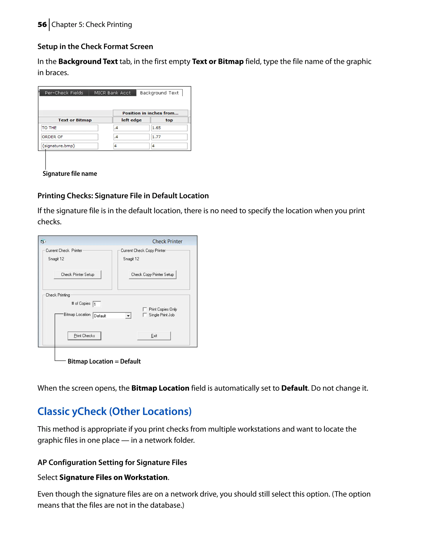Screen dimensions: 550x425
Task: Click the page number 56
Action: [x=42, y=24]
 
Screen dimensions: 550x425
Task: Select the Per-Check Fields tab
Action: [x=64, y=93]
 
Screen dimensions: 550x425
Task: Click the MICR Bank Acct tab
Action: [x=112, y=93]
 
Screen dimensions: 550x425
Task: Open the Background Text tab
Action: [x=159, y=93]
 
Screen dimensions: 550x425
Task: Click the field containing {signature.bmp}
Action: [x=70, y=146]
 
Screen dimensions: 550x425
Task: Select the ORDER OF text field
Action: [x=70, y=137]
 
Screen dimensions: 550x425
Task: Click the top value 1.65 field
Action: [x=169, y=128]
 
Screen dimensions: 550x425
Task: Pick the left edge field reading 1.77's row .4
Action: [x=131, y=137]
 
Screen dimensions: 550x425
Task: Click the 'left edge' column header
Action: [x=131, y=120]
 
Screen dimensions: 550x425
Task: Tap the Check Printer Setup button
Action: [x=78, y=275]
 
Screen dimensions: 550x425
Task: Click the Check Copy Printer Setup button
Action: [x=152, y=275]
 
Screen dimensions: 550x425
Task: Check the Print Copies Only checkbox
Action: [x=145, y=309]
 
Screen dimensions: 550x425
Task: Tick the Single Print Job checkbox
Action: [x=145, y=315]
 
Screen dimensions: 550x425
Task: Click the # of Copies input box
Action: [x=97, y=304]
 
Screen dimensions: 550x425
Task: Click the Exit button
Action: [x=154, y=336]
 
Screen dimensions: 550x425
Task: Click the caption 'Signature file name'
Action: [x=70, y=174]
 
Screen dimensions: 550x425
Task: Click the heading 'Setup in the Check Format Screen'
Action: [x=95, y=46]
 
